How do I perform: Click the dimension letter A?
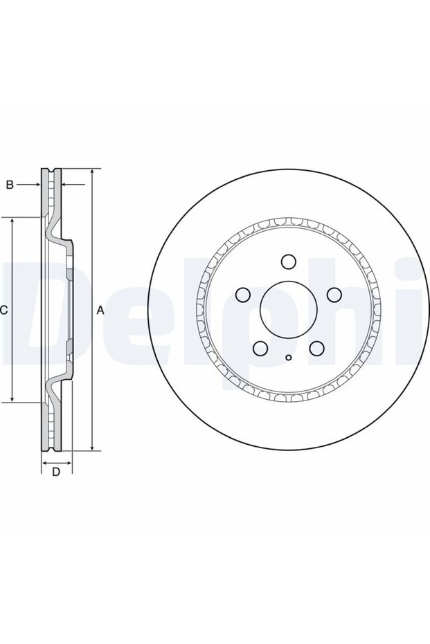point(100,311)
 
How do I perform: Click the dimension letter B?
point(10,185)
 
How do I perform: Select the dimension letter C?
point(3,311)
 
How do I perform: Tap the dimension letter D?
point(56,472)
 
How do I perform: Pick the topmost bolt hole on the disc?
point(289,261)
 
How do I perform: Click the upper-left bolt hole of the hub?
point(243,294)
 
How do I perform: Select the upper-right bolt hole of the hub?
point(334,294)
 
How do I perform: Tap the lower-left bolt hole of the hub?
point(260,349)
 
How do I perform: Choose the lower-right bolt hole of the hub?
point(317,349)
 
